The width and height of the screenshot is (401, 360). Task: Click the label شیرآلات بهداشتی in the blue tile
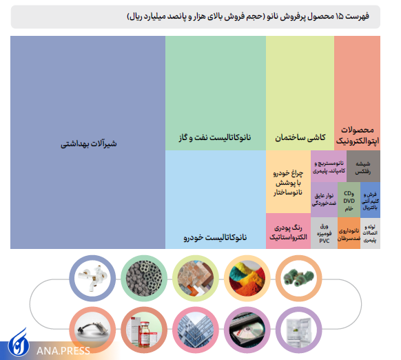(90, 144)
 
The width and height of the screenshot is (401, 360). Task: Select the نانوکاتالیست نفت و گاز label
(216, 138)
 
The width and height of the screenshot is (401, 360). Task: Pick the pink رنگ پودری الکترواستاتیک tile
(287, 232)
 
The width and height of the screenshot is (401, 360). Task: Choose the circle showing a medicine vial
(143, 328)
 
